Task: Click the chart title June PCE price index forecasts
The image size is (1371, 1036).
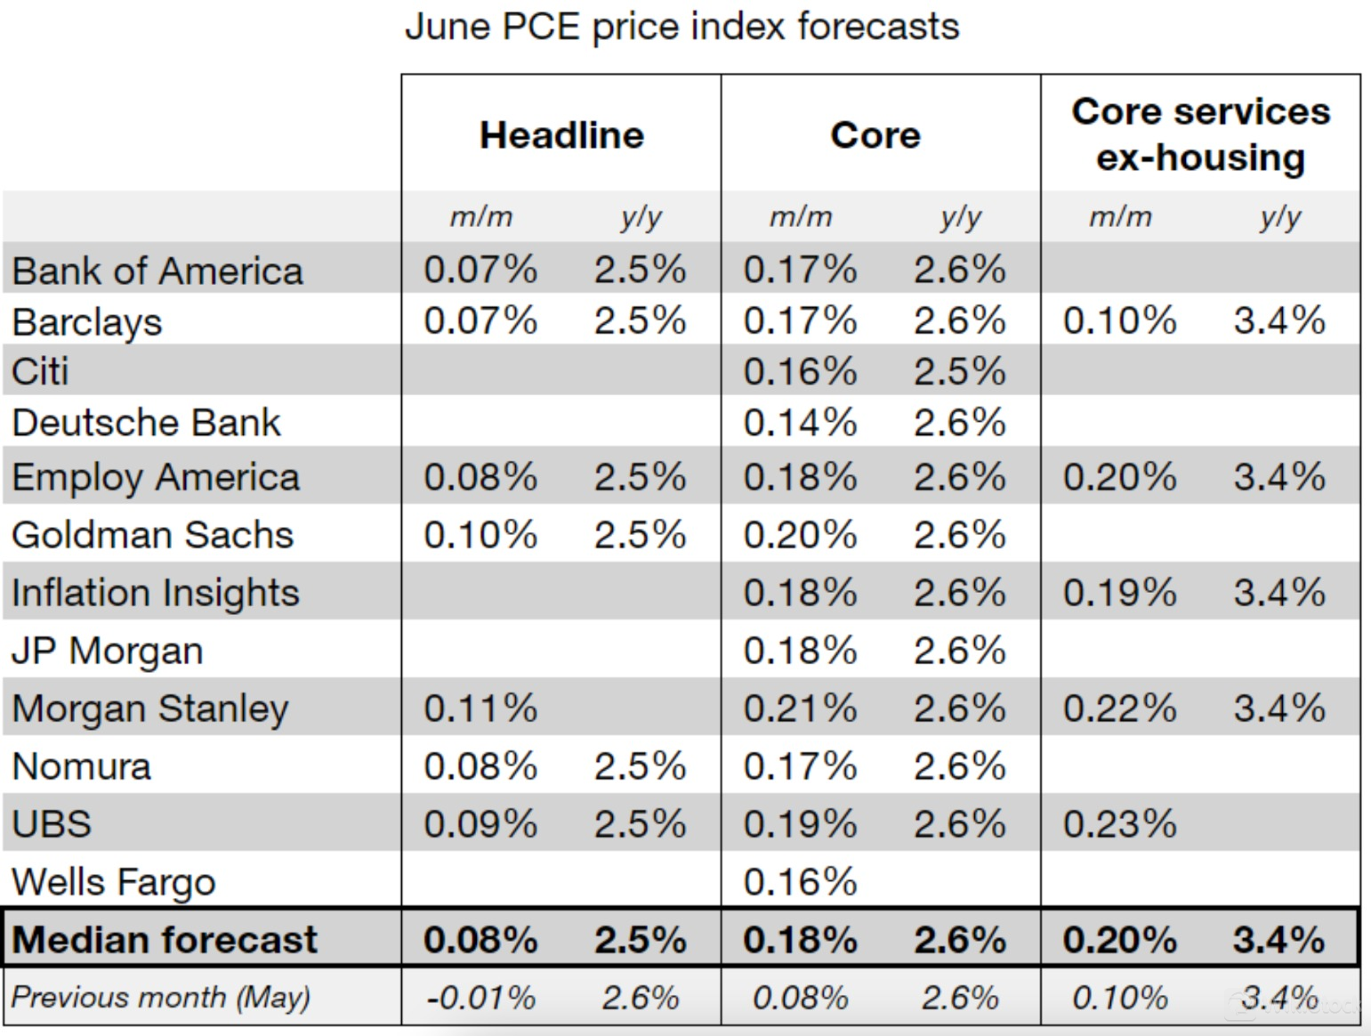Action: (x=681, y=27)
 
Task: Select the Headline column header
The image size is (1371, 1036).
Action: (x=561, y=135)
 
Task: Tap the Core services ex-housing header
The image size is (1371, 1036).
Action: (x=1200, y=134)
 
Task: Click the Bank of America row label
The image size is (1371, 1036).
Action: (x=157, y=271)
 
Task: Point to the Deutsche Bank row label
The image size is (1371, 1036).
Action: (x=146, y=423)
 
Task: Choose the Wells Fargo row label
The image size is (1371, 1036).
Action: (x=114, y=882)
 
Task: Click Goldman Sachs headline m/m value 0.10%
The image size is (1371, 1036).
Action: (x=480, y=535)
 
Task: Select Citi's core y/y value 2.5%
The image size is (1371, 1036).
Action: (x=959, y=372)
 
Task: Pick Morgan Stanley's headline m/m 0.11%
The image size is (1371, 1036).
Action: (x=480, y=708)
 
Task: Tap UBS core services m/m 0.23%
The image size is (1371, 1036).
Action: (x=1119, y=824)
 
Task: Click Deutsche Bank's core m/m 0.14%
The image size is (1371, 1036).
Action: (x=800, y=423)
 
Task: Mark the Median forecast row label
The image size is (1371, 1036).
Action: (x=165, y=940)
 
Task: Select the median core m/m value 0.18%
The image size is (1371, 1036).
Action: (x=800, y=940)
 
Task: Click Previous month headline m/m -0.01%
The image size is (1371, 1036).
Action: (x=480, y=998)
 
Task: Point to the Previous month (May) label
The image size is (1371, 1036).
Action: (x=161, y=998)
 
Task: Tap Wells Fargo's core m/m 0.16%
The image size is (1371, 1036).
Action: (x=800, y=882)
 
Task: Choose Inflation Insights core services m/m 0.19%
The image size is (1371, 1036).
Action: (x=1119, y=593)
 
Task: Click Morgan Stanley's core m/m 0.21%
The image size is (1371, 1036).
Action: (x=800, y=708)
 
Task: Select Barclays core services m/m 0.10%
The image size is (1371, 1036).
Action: (x=1119, y=320)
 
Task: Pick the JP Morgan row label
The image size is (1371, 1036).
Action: (x=108, y=651)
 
